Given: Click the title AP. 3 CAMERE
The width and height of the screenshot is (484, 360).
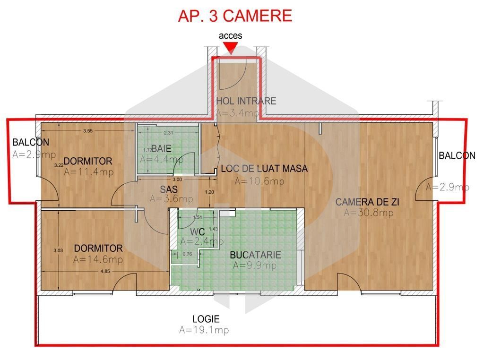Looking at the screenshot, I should [x=235, y=16].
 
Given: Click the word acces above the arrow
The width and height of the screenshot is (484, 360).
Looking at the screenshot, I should [x=230, y=35].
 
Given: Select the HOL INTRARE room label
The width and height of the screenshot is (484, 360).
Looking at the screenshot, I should [x=246, y=101].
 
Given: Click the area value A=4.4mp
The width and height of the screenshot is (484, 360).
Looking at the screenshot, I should [x=162, y=159].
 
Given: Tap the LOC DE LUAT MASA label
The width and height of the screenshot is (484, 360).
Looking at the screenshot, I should [x=264, y=169].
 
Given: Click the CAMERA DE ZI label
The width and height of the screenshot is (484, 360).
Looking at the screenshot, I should [x=367, y=202].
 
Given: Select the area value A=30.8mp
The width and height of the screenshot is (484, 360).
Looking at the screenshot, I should [x=368, y=213].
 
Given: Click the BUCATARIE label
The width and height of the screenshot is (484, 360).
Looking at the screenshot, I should [x=255, y=255].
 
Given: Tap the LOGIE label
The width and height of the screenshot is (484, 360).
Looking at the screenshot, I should [x=206, y=319].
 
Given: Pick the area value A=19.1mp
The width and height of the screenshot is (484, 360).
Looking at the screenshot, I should [x=204, y=330].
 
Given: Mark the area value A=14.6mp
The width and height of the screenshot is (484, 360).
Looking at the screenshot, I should [x=98, y=259].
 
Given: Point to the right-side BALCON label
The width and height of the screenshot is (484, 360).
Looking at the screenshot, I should [x=457, y=155].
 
